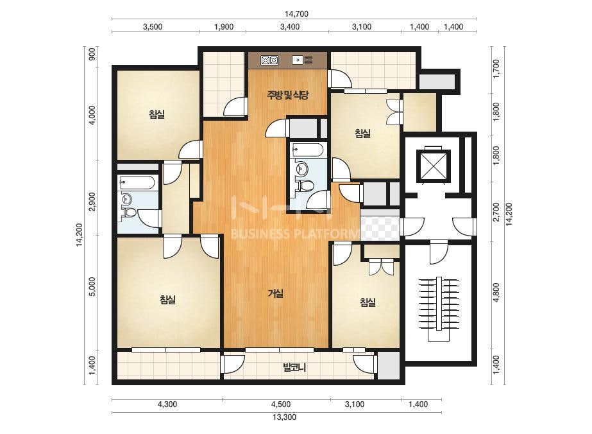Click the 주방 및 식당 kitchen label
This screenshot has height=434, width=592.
(x=288, y=95)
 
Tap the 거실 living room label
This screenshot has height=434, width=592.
(x=276, y=293)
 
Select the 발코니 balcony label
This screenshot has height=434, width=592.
(x=294, y=367)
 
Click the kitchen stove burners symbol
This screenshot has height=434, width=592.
(x=269, y=60)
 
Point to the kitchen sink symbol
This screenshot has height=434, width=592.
(x=303, y=60)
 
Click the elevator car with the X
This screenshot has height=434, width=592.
(x=433, y=166)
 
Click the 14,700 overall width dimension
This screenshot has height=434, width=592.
(x=296, y=14)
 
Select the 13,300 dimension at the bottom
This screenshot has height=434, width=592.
(x=284, y=417)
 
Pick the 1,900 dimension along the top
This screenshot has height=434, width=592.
(x=224, y=27)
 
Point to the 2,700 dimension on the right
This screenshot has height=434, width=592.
(x=496, y=212)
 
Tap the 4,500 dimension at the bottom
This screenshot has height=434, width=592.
(x=281, y=404)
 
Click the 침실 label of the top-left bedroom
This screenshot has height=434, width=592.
(x=156, y=114)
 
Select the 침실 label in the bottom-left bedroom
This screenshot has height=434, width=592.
(x=167, y=300)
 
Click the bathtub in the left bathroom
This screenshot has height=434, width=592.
(x=137, y=182)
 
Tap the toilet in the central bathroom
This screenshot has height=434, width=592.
(x=306, y=186)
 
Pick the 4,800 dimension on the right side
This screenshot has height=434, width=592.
(x=496, y=292)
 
